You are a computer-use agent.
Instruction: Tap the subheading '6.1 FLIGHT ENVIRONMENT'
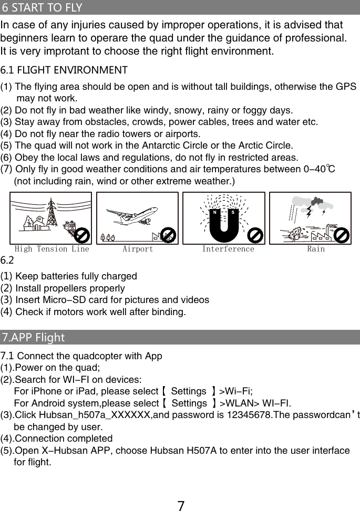64,70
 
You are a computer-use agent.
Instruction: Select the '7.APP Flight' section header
34,337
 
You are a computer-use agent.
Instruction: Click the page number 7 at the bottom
180,505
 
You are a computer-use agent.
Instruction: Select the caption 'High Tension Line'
52,249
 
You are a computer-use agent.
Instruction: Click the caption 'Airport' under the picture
138,249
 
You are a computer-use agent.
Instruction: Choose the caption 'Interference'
228,249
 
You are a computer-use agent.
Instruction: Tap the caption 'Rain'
316,249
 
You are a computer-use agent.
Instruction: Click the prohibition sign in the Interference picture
255,235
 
